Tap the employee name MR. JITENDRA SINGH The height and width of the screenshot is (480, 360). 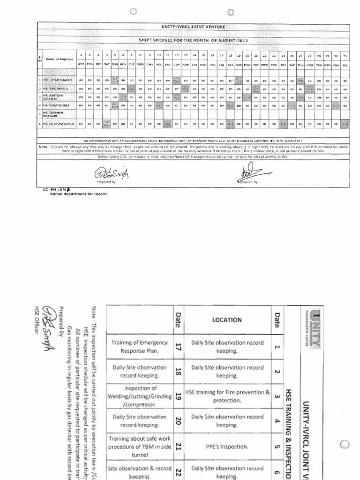(60, 124)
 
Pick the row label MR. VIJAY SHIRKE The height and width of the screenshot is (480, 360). (58, 106)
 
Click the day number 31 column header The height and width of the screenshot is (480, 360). (345, 55)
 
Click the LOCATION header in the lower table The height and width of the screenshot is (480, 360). (227, 320)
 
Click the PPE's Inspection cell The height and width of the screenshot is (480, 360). (227, 448)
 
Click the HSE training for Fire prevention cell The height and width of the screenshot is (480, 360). (227, 397)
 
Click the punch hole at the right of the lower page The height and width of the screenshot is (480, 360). (345, 445)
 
